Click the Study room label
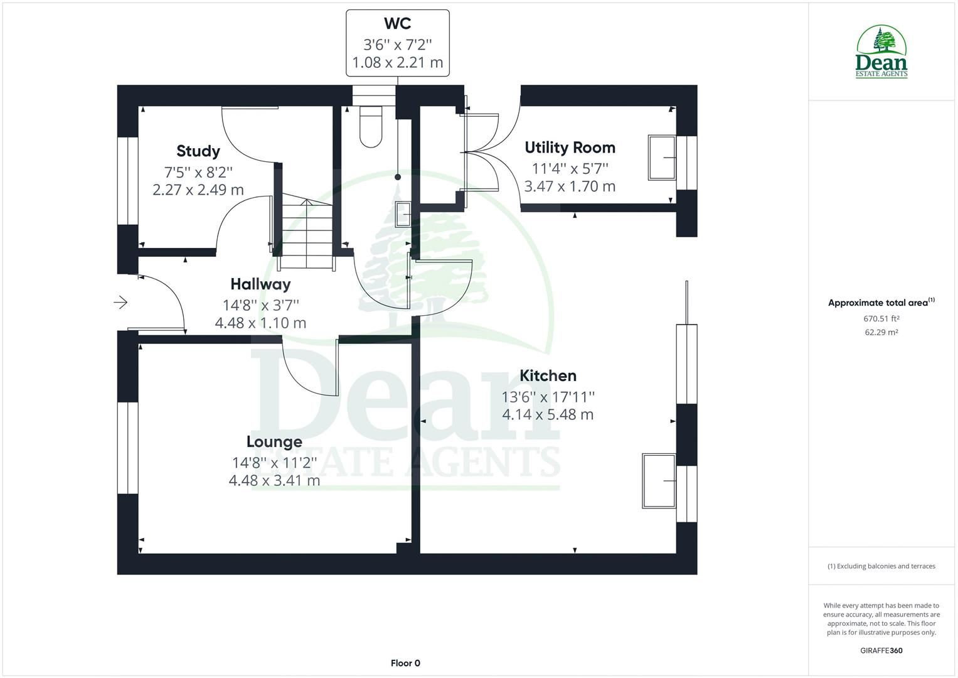198,151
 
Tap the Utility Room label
570,148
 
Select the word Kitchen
548,376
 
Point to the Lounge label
274,442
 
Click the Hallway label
260,284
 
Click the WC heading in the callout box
398,24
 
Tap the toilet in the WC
371,127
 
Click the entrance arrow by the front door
120,303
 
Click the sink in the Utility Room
662,158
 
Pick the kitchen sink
659,481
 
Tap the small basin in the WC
403,213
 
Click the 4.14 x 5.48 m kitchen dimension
548,414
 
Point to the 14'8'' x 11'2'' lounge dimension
275,463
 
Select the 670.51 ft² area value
881,318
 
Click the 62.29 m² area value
881,332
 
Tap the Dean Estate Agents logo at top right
881,51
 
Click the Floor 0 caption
405,663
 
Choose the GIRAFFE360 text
881,650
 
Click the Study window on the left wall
128,181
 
